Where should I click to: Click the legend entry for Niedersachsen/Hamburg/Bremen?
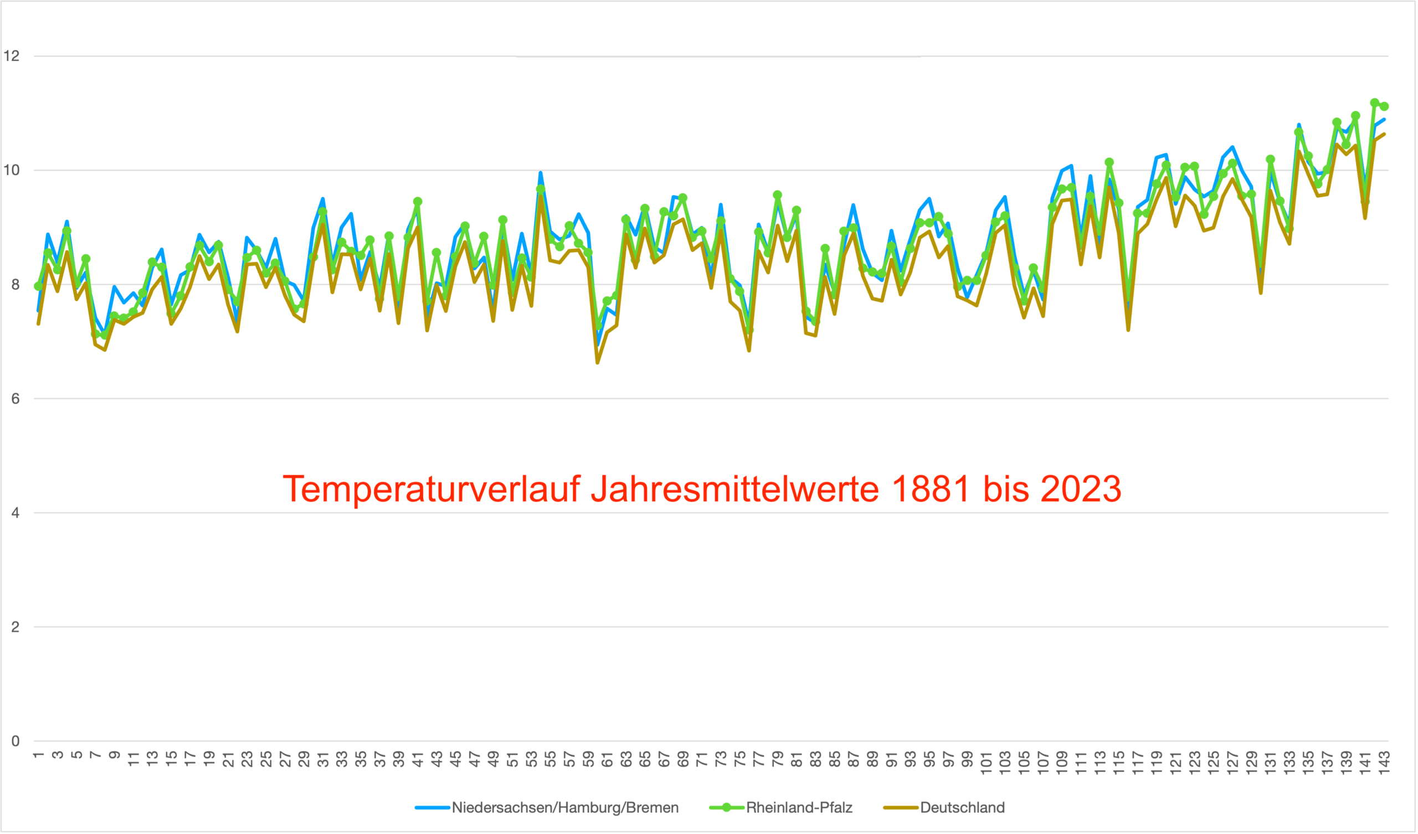click(564, 807)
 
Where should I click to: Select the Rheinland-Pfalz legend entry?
click(799, 807)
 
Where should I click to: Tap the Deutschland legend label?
click(962, 807)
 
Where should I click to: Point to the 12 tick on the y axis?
click(11, 56)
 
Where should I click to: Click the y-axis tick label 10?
click(11, 170)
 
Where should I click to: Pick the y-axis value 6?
click(14, 398)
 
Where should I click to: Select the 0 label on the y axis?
click(14, 741)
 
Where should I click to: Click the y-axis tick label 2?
click(14, 627)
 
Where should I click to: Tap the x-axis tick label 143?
click(1384, 763)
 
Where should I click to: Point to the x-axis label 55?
click(551, 759)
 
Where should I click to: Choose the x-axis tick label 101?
click(986, 763)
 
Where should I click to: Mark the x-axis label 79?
click(778, 759)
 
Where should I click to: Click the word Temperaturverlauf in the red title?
click(431, 489)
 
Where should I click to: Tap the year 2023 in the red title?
click(1080, 488)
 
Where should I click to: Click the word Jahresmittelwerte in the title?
click(734, 488)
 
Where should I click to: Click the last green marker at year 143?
click(1384, 106)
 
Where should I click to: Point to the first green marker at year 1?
click(38, 286)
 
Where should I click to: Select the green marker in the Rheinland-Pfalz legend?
click(726, 807)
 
